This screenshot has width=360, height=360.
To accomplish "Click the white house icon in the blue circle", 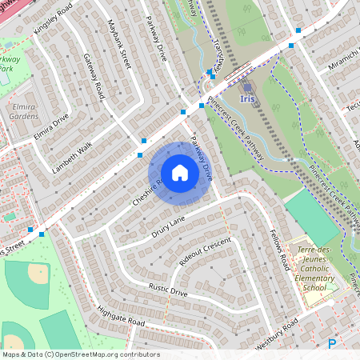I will click(180, 173).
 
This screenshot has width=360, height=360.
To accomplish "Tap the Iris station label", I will click(249, 99).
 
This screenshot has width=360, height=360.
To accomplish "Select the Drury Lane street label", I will click(168, 227).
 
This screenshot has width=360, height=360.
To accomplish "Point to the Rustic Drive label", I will click(167, 290).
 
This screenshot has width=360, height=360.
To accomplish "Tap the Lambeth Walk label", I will click(72, 157).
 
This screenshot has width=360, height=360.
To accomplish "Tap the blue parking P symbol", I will click(332, 345).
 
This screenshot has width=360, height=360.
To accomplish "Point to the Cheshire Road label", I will click(148, 191).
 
